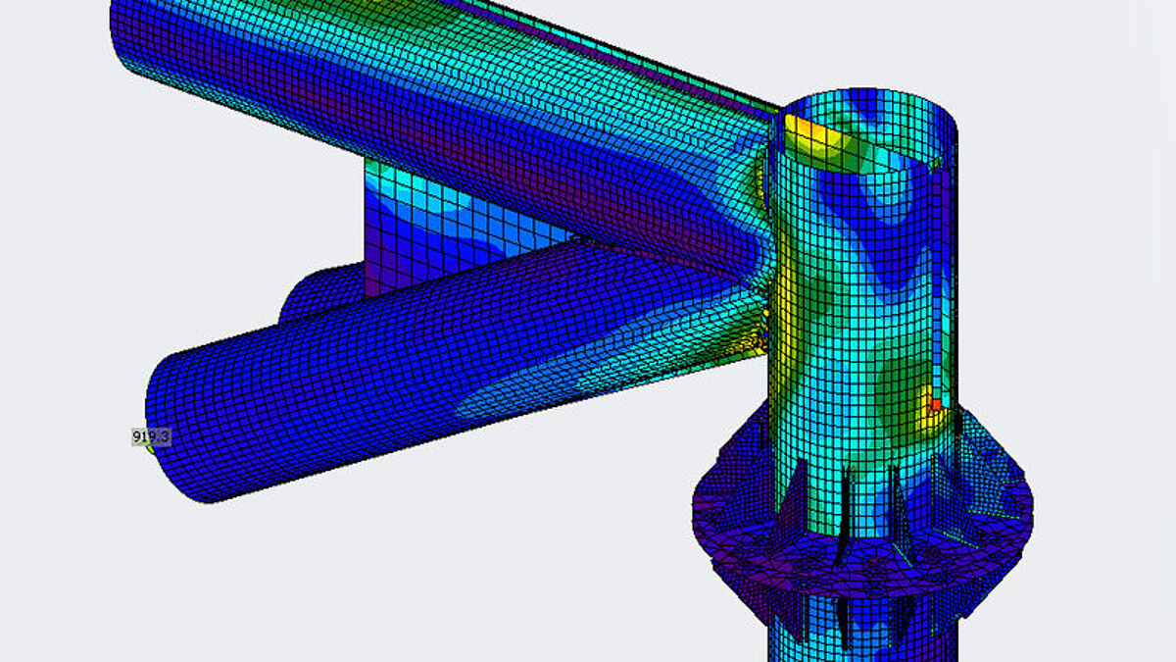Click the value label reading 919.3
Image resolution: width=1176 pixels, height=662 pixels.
[x=151, y=437]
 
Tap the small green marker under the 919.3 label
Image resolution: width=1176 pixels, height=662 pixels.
[x=151, y=449]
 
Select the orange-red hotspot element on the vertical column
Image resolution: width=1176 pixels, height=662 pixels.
[x=935, y=405]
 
